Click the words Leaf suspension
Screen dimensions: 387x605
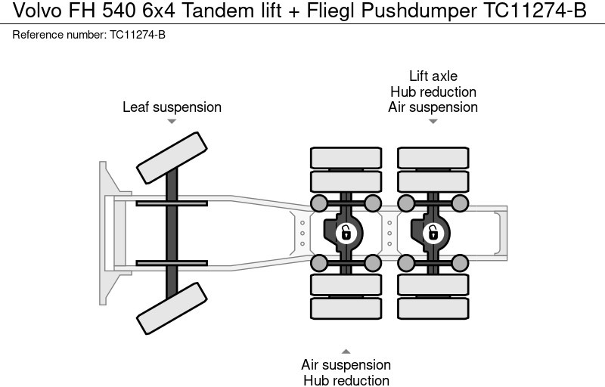click(172, 107)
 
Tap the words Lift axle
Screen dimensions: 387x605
click(433, 76)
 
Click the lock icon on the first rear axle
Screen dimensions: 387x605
click(346, 233)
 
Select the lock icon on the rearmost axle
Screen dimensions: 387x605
click(433, 233)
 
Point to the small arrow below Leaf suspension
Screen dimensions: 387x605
click(172, 122)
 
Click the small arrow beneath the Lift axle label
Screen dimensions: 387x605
click(433, 122)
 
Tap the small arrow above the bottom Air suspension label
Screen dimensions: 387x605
click(346, 351)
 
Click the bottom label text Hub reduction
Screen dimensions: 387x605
click(346, 380)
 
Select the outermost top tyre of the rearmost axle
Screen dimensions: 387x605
click(433, 157)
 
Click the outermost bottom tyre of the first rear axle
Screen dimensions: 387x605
click(346, 308)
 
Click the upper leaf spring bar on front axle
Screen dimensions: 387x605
click(172, 203)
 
